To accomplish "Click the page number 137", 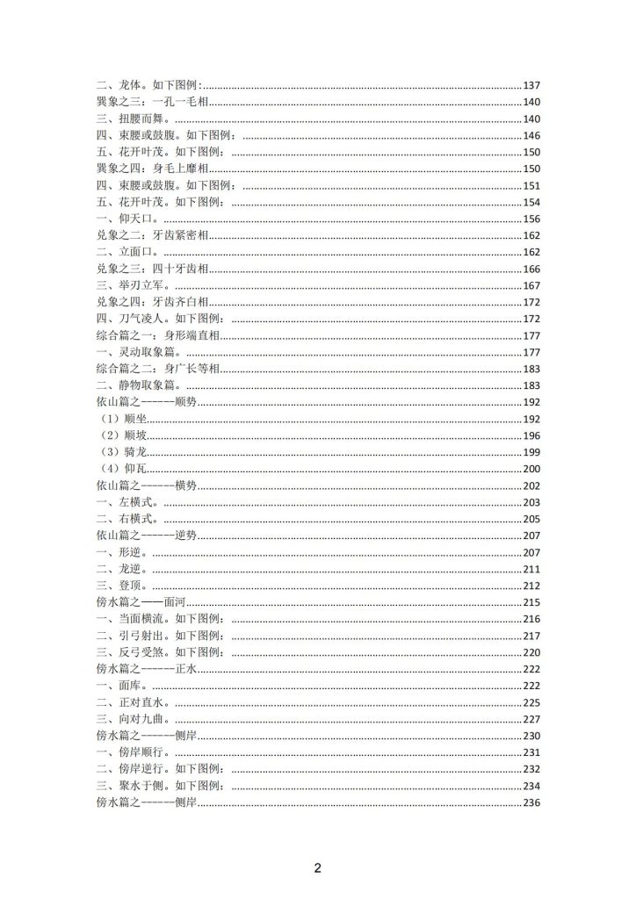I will click(531, 85).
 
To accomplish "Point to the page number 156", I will click(531, 219).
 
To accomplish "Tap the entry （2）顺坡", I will click(124, 435).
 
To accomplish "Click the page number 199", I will click(531, 452).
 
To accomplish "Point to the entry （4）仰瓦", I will click(124, 469).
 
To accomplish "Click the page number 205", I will click(531, 519).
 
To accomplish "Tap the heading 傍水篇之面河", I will click(141, 602).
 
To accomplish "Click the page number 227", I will click(531, 719).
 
